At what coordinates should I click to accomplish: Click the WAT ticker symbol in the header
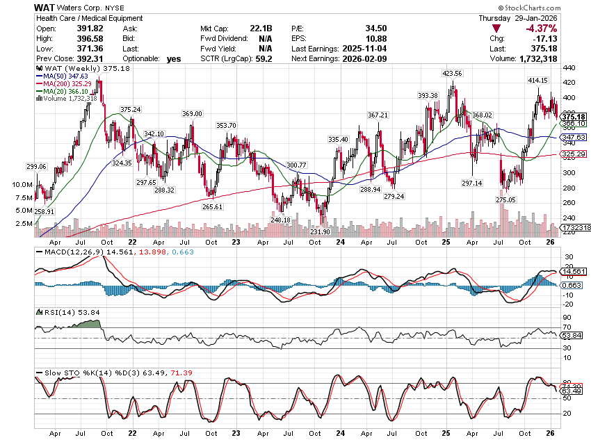pos(45,6)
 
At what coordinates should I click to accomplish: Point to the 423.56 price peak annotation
pos(452,73)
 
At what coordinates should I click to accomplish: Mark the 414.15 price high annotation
pos(537,81)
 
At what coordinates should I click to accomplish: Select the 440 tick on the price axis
pos(568,68)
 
